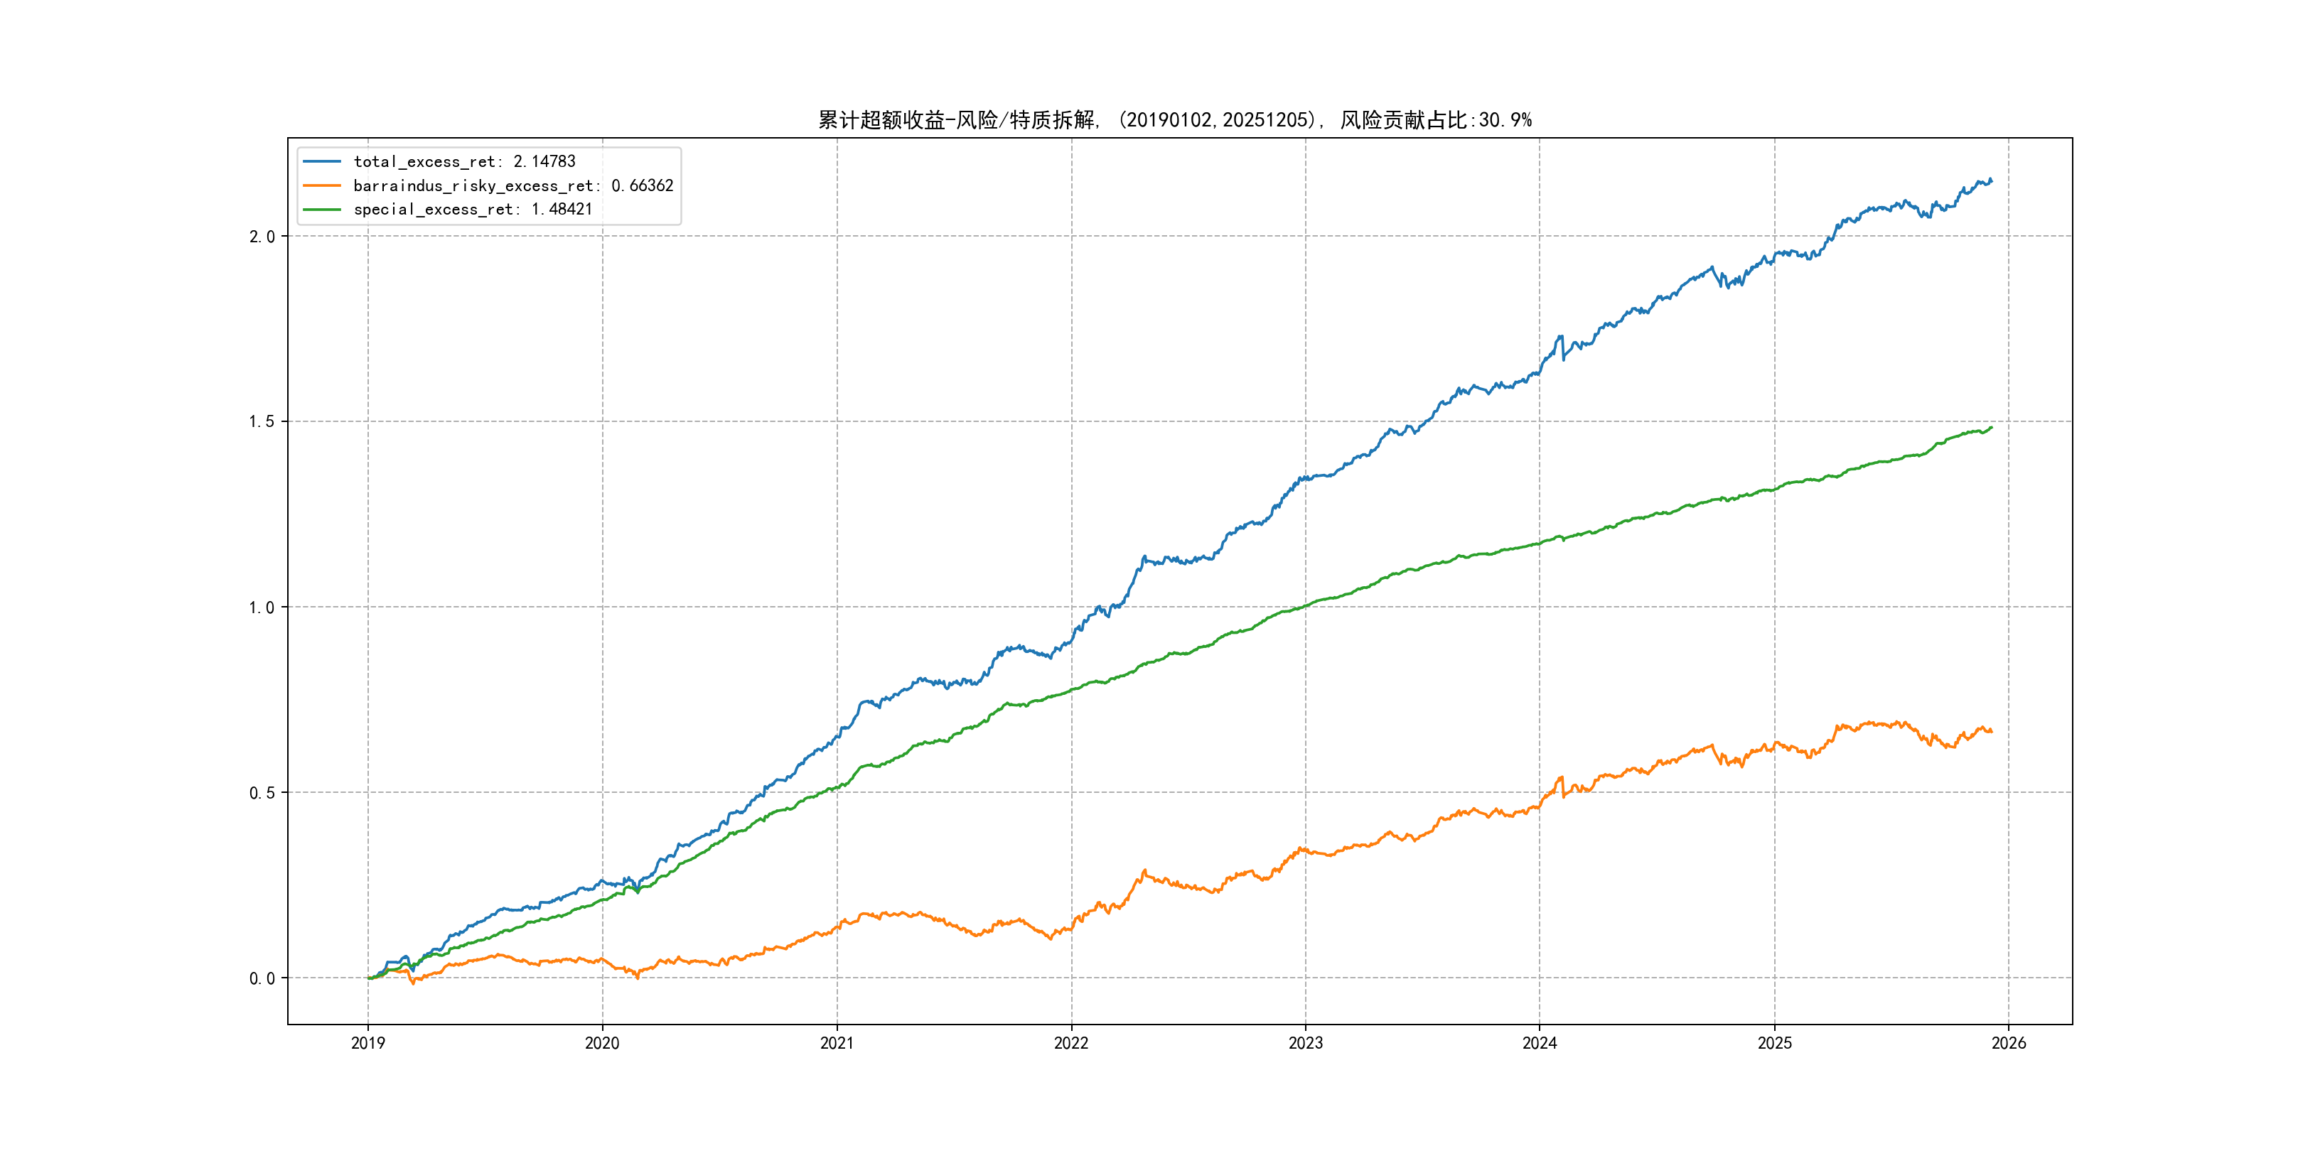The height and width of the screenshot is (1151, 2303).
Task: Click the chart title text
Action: (x=1175, y=120)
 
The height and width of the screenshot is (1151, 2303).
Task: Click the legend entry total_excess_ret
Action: (x=464, y=162)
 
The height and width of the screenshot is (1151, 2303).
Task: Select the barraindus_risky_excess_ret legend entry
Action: (x=512, y=186)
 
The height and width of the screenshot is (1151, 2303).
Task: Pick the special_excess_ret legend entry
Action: (x=472, y=209)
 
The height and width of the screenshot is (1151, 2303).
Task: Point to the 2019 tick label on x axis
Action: (x=367, y=1043)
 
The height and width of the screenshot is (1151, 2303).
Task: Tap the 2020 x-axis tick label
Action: (x=601, y=1043)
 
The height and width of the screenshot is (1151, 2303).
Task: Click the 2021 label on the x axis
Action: (x=837, y=1043)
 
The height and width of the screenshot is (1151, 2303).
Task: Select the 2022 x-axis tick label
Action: (x=1071, y=1043)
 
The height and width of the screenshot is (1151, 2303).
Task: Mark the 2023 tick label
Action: (x=1305, y=1043)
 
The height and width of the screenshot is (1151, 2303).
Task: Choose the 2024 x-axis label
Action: (x=1540, y=1043)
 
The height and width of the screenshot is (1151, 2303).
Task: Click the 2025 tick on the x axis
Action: (x=1775, y=1043)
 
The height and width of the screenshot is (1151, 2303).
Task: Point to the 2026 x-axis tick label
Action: (x=2009, y=1043)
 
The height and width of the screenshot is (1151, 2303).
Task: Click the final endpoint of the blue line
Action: (x=1991, y=181)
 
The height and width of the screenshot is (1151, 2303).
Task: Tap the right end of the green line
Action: (x=1991, y=427)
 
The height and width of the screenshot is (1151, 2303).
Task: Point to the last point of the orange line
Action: (x=1991, y=732)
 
